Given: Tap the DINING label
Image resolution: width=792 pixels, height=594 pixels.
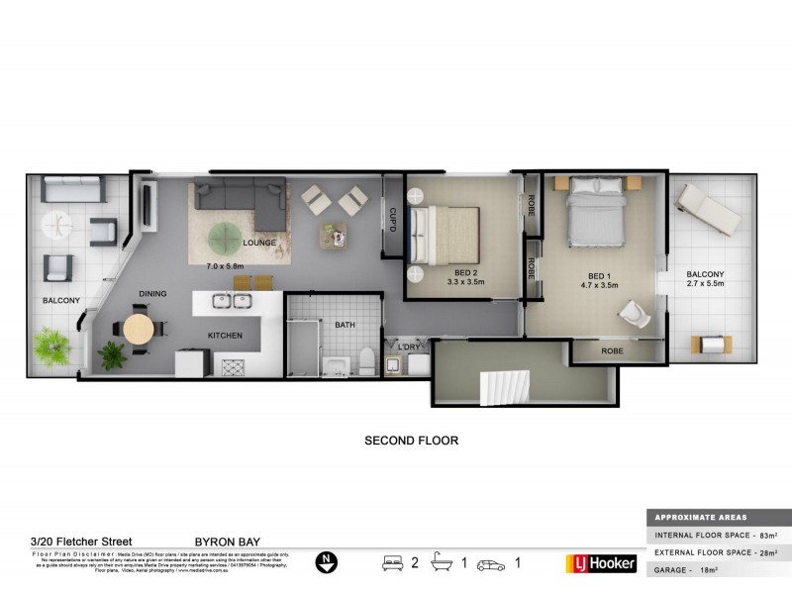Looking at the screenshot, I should [152, 294].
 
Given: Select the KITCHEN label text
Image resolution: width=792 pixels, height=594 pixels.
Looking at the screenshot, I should [225, 336].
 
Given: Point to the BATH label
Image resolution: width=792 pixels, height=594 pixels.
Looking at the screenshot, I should [345, 324].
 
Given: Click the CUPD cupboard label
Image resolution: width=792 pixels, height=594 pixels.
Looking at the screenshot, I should [392, 220].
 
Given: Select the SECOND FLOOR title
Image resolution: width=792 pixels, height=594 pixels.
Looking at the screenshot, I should [412, 441].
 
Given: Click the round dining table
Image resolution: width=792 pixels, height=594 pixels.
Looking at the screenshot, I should [139, 329].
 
